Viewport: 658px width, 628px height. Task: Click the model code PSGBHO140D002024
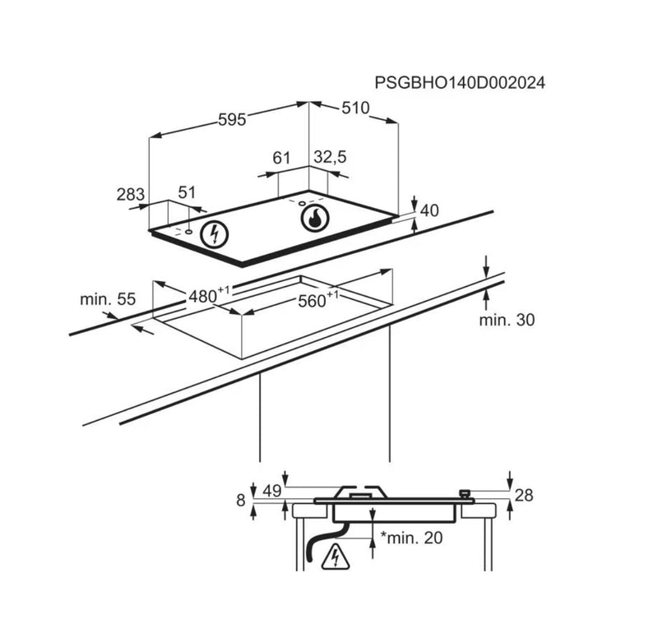pos(460,83)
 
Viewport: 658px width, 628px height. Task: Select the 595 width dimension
pos(232,120)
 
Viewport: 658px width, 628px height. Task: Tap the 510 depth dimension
pos(355,109)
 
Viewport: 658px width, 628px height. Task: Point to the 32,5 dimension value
pos(331,157)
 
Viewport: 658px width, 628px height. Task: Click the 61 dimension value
pos(281,158)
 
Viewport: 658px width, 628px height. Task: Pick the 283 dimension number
pos(131,195)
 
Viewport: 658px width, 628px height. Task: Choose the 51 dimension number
pos(187,192)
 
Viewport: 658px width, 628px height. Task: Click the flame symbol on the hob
pos(315,218)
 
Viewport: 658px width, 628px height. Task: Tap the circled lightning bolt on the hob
pos(215,234)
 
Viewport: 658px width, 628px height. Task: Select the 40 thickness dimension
pos(429,210)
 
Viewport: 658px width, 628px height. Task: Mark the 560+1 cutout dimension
pos(318,299)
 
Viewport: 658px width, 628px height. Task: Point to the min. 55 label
pos(108,299)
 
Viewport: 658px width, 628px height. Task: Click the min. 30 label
pos(507,320)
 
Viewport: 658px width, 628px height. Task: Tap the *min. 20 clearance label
pos(411,538)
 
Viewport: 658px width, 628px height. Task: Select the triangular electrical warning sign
pos(336,557)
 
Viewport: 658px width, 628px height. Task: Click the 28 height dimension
pos(524,496)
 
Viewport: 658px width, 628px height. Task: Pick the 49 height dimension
pos(272,491)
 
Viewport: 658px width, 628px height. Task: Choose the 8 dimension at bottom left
pos(241,501)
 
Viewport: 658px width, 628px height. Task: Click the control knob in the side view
pos(465,494)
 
